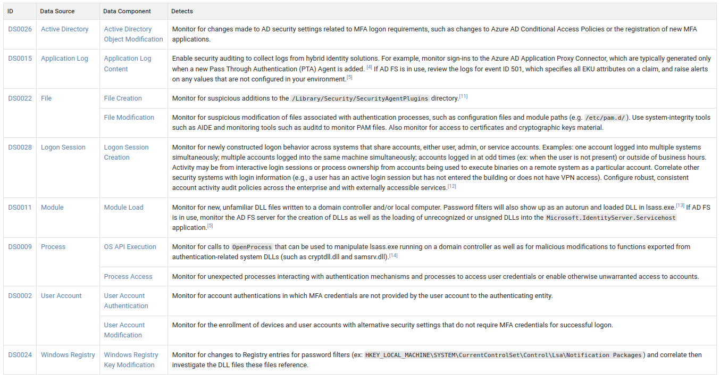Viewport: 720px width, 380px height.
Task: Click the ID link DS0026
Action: (20, 29)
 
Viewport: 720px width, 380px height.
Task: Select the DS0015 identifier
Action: (20, 59)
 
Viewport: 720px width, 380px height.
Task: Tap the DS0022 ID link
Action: (20, 98)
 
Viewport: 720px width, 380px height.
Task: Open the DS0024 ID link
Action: (20, 355)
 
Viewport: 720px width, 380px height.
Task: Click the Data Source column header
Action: (57, 11)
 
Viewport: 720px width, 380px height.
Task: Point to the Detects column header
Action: (182, 11)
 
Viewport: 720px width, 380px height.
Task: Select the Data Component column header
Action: (127, 11)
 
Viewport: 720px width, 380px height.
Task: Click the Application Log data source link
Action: (64, 59)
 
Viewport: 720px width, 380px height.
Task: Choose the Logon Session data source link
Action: (63, 147)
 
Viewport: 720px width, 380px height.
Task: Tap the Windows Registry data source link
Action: (68, 355)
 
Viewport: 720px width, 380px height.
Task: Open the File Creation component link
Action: (123, 98)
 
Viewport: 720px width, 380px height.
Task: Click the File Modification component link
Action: (129, 118)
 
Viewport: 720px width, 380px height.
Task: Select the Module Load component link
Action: (123, 208)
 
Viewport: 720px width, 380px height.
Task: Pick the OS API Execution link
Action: (130, 247)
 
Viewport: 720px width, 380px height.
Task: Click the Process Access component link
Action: (128, 277)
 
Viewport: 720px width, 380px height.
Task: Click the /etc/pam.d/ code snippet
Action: (605, 118)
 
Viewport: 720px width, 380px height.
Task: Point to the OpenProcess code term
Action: (252, 247)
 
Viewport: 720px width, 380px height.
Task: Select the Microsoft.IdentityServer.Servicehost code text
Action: (611, 218)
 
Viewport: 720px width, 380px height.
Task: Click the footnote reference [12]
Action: (452, 186)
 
